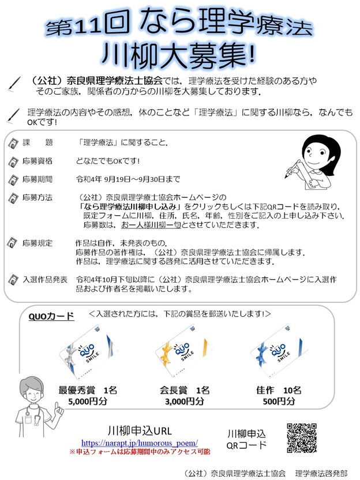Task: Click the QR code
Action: (x=302, y=438)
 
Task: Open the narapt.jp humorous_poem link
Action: (x=140, y=442)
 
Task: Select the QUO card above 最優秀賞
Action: (x=88, y=352)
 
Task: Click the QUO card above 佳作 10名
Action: (x=279, y=351)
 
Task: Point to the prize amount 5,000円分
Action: (x=88, y=401)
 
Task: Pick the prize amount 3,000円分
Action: (x=185, y=401)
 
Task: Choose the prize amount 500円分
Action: (x=279, y=401)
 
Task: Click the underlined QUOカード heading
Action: (x=51, y=316)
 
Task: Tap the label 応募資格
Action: (x=37, y=161)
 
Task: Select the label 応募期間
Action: (x=37, y=179)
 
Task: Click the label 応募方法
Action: (x=37, y=197)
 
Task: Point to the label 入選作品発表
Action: (x=45, y=279)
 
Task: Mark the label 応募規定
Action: (x=37, y=243)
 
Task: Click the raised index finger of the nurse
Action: (x=57, y=406)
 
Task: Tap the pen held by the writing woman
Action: (x=292, y=168)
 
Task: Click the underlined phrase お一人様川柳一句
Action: (x=151, y=225)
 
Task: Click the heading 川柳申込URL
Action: (x=140, y=431)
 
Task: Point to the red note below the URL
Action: (x=140, y=452)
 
